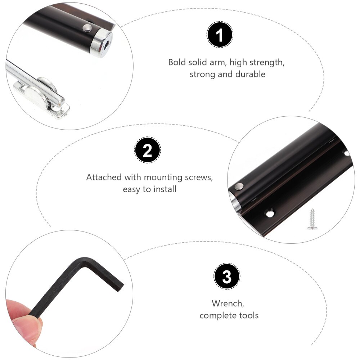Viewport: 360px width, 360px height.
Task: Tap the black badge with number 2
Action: tap(148, 151)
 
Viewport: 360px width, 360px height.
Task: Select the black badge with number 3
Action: tap(227, 277)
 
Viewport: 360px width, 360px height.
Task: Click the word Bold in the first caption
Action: tap(177, 62)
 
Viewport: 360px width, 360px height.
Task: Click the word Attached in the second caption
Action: tap(104, 177)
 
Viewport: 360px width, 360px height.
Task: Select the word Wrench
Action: tap(227, 303)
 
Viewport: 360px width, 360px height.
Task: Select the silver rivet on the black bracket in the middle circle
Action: tap(239, 186)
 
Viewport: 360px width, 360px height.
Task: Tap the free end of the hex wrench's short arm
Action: tap(120, 286)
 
